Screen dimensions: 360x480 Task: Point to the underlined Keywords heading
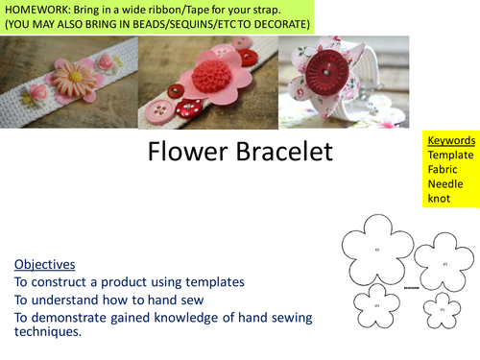pyautogui.click(x=450, y=140)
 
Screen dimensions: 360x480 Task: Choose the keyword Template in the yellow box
pyautogui.click(x=450, y=155)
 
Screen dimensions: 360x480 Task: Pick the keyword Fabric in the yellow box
pyautogui.click(x=444, y=170)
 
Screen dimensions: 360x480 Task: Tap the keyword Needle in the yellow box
pyautogui.click(x=445, y=184)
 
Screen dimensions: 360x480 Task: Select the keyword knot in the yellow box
pyautogui.click(x=440, y=199)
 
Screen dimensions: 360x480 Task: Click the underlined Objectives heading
pyautogui.click(x=47, y=263)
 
